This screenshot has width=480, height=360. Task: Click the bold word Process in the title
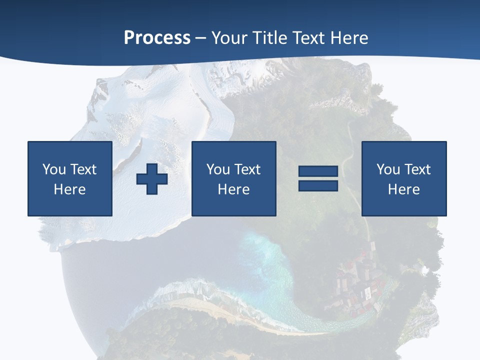(157, 37)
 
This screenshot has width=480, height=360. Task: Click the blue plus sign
(152, 178)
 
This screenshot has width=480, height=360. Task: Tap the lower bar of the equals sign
(318, 185)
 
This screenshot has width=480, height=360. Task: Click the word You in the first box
(54, 169)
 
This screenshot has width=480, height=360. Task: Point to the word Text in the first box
(82, 169)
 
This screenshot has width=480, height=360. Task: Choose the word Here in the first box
(70, 189)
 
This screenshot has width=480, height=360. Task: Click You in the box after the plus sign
(218, 169)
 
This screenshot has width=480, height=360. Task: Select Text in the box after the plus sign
(246, 169)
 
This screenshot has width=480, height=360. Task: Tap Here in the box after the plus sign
(234, 189)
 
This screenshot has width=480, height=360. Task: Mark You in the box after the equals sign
(388, 169)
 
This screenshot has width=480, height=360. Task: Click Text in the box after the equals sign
(416, 169)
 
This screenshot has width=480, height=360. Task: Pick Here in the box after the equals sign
(404, 189)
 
